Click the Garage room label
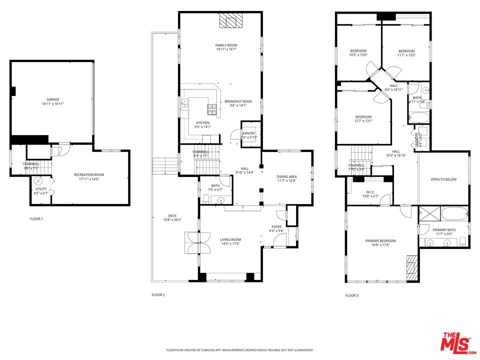point(52,99)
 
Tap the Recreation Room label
point(89,174)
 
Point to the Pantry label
point(248,133)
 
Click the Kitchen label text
point(202,123)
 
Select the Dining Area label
point(287,176)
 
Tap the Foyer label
point(276,226)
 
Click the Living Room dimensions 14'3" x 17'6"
point(230,244)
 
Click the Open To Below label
point(443,179)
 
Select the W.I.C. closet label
point(369,191)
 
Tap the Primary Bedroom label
point(381,240)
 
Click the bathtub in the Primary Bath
point(454,213)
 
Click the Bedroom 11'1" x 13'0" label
point(406,51)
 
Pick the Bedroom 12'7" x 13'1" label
point(363,117)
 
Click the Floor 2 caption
point(158,295)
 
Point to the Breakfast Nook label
point(238,101)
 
